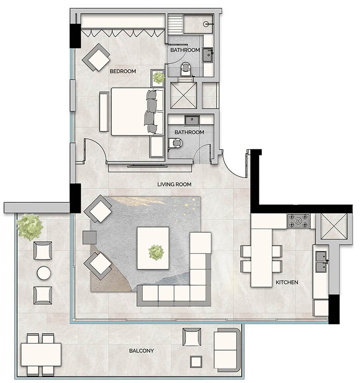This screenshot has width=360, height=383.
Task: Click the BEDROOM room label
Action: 123,72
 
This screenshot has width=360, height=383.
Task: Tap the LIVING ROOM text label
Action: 174,184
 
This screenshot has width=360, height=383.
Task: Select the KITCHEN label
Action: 287,282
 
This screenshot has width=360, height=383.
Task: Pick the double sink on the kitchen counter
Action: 320,262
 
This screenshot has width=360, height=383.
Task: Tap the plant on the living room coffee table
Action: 156,250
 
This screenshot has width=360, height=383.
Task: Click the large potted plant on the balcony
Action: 29,226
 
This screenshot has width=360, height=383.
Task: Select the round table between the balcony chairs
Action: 43,273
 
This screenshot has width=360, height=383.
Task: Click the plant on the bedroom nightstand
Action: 158,78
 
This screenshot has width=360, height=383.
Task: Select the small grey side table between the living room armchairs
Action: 90,237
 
